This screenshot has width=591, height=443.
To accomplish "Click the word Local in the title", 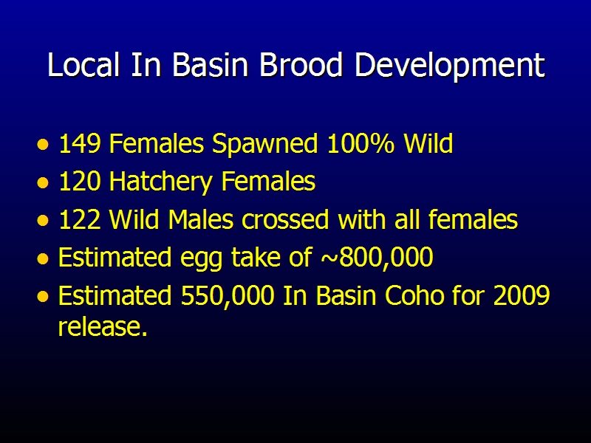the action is [x=83, y=64].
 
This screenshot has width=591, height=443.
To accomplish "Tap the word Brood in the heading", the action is [x=301, y=64].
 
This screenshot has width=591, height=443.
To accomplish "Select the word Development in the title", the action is [x=450, y=66].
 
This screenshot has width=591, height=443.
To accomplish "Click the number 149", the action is [x=80, y=143].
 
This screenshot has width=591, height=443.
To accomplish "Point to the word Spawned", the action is [x=265, y=144].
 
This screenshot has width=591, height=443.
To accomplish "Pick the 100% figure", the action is [x=361, y=143].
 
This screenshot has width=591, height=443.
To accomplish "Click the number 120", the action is [x=80, y=181].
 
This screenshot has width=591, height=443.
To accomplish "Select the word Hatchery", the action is [x=161, y=182].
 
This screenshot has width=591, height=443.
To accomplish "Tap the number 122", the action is [x=80, y=219].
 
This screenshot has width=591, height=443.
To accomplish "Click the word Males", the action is [x=201, y=219].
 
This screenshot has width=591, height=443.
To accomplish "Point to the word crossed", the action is [x=285, y=219].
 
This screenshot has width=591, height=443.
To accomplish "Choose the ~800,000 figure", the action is [x=377, y=258].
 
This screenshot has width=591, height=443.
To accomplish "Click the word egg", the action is [x=201, y=260].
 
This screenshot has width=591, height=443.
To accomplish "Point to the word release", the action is [x=103, y=326].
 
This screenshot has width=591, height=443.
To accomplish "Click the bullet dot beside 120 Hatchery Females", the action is [x=43, y=183].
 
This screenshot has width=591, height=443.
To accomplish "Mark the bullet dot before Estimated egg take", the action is [x=43, y=259].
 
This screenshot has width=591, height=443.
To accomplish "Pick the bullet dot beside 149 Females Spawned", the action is [x=43, y=145].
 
